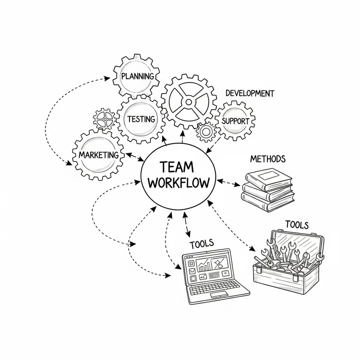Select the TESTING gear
click(x=140, y=119)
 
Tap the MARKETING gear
click(x=99, y=154)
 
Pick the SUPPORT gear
click(x=235, y=121)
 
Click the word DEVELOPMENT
click(x=249, y=93)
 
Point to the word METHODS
click(x=267, y=159)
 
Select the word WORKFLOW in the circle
click(x=179, y=184)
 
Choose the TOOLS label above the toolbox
click(x=297, y=224)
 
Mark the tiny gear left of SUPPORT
click(x=207, y=131)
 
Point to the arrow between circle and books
click(x=230, y=183)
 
